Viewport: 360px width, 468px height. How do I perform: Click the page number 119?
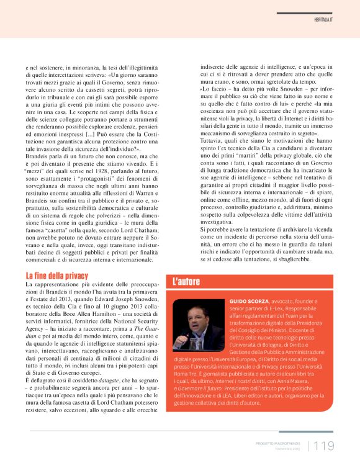[x=324, y=445]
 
